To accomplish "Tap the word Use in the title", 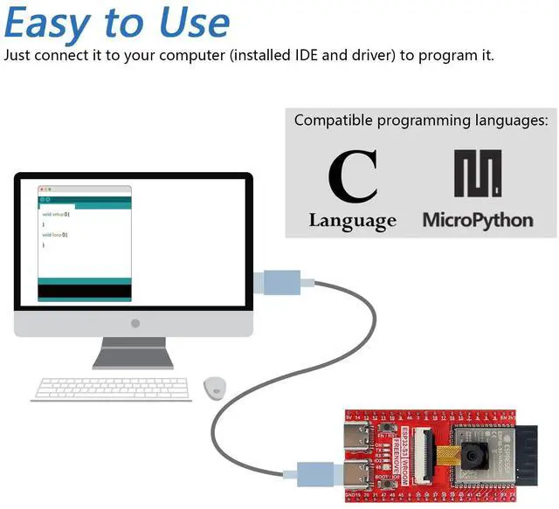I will pos(191,24).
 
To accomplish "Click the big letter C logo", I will pos(353,177).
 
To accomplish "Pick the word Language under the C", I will pos(352,221).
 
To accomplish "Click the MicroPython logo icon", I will pos(478,174).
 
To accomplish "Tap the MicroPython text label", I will pos(478,219).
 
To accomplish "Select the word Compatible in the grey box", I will pos(330,120).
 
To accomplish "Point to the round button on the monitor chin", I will pos(135,323).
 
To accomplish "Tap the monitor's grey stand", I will pos(133,352).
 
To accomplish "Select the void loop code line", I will pos(54,235).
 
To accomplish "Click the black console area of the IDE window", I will pos(85,290).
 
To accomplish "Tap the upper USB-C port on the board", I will pos(357,435).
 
